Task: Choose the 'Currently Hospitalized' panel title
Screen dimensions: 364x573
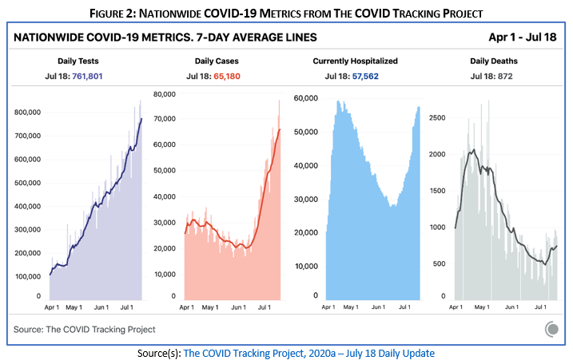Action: tap(356, 61)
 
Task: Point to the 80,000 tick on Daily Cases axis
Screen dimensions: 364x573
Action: tap(163, 94)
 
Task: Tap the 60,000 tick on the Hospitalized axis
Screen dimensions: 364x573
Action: tap(307, 97)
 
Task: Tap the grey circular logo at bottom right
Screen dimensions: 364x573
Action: tap(551, 329)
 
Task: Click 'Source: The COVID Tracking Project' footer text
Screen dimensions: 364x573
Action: tap(85, 329)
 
